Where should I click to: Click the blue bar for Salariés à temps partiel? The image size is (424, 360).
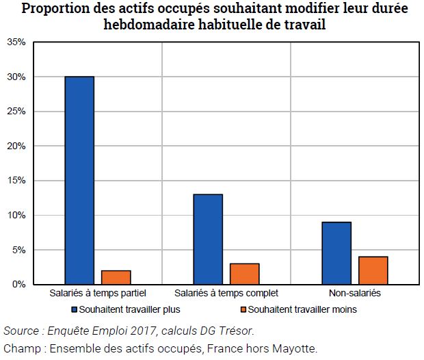click(79, 180)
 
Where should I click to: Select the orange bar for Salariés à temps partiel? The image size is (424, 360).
click(116, 277)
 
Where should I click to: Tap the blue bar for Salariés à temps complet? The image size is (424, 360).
click(208, 239)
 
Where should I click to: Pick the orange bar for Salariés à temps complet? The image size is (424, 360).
click(244, 274)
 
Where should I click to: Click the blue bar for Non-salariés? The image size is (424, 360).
click(336, 253)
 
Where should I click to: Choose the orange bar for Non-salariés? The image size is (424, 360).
click(373, 270)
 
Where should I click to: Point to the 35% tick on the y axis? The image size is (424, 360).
click(16, 42)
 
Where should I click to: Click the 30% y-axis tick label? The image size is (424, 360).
click(16, 77)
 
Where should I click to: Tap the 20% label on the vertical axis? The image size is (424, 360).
click(16, 146)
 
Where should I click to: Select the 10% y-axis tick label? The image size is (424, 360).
click(16, 216)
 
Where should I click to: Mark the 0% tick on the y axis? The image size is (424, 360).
click(18, 284)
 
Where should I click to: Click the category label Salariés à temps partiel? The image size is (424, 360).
click(98, 294)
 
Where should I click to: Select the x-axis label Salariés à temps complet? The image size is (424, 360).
click(226, 294)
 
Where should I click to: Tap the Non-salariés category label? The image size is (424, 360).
click(354, 294)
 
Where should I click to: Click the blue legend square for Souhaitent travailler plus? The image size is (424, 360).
click(75, 309)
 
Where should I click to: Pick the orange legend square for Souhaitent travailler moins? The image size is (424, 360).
click(243, 309)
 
